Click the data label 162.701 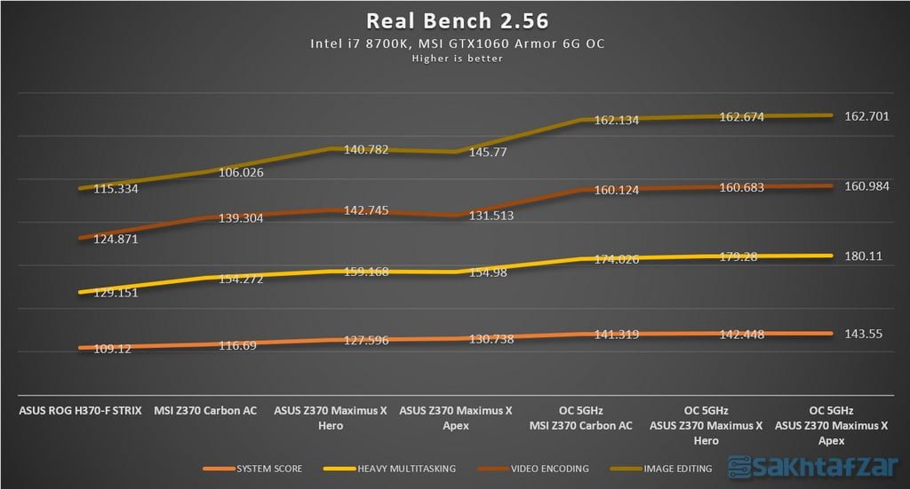coord(869,116)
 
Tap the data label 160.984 coord(869,185)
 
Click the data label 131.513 coord(489,215)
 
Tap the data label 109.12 coord(111,349)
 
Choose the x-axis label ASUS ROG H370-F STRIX coord(80,411)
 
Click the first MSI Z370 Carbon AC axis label coord(205,411)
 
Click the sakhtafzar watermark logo coord(812,468)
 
